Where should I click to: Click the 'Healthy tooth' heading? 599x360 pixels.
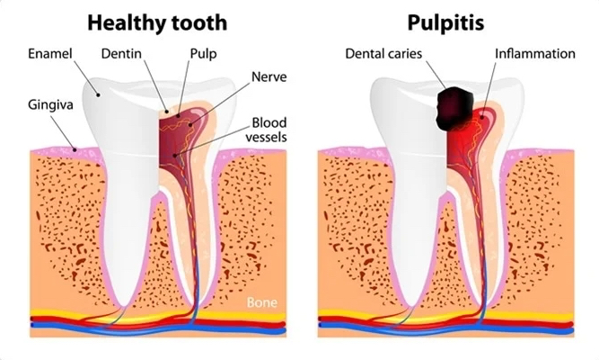[x=157, y=23]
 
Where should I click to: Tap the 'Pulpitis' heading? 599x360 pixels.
[x=445, y=23]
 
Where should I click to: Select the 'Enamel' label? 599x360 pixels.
[x=50, y=54]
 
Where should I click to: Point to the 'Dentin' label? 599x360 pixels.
[x=121, y=54]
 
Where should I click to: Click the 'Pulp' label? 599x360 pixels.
[x=204, y=54]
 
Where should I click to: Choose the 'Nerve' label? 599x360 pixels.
[x=269, y=77]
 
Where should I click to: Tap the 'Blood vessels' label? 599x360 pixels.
[x=266, y=130]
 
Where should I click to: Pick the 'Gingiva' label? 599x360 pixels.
[x=50, y=105]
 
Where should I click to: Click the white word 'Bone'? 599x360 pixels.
[x=261, y=302]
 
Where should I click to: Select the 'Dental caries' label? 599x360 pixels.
[x=383, y=54]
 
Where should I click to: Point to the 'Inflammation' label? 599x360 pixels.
[x=535, y=54]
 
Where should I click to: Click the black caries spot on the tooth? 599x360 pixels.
[x=454, y=108]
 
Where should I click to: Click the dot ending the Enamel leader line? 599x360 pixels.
[x=98, y=94]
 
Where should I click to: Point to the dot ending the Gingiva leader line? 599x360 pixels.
[x=75, y=149]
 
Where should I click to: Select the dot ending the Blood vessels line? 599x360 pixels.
[x=175, y=155]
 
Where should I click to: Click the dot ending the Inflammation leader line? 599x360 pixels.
[x=482, y=117]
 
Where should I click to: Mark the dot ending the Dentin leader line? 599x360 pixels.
[x=166, y=112]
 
